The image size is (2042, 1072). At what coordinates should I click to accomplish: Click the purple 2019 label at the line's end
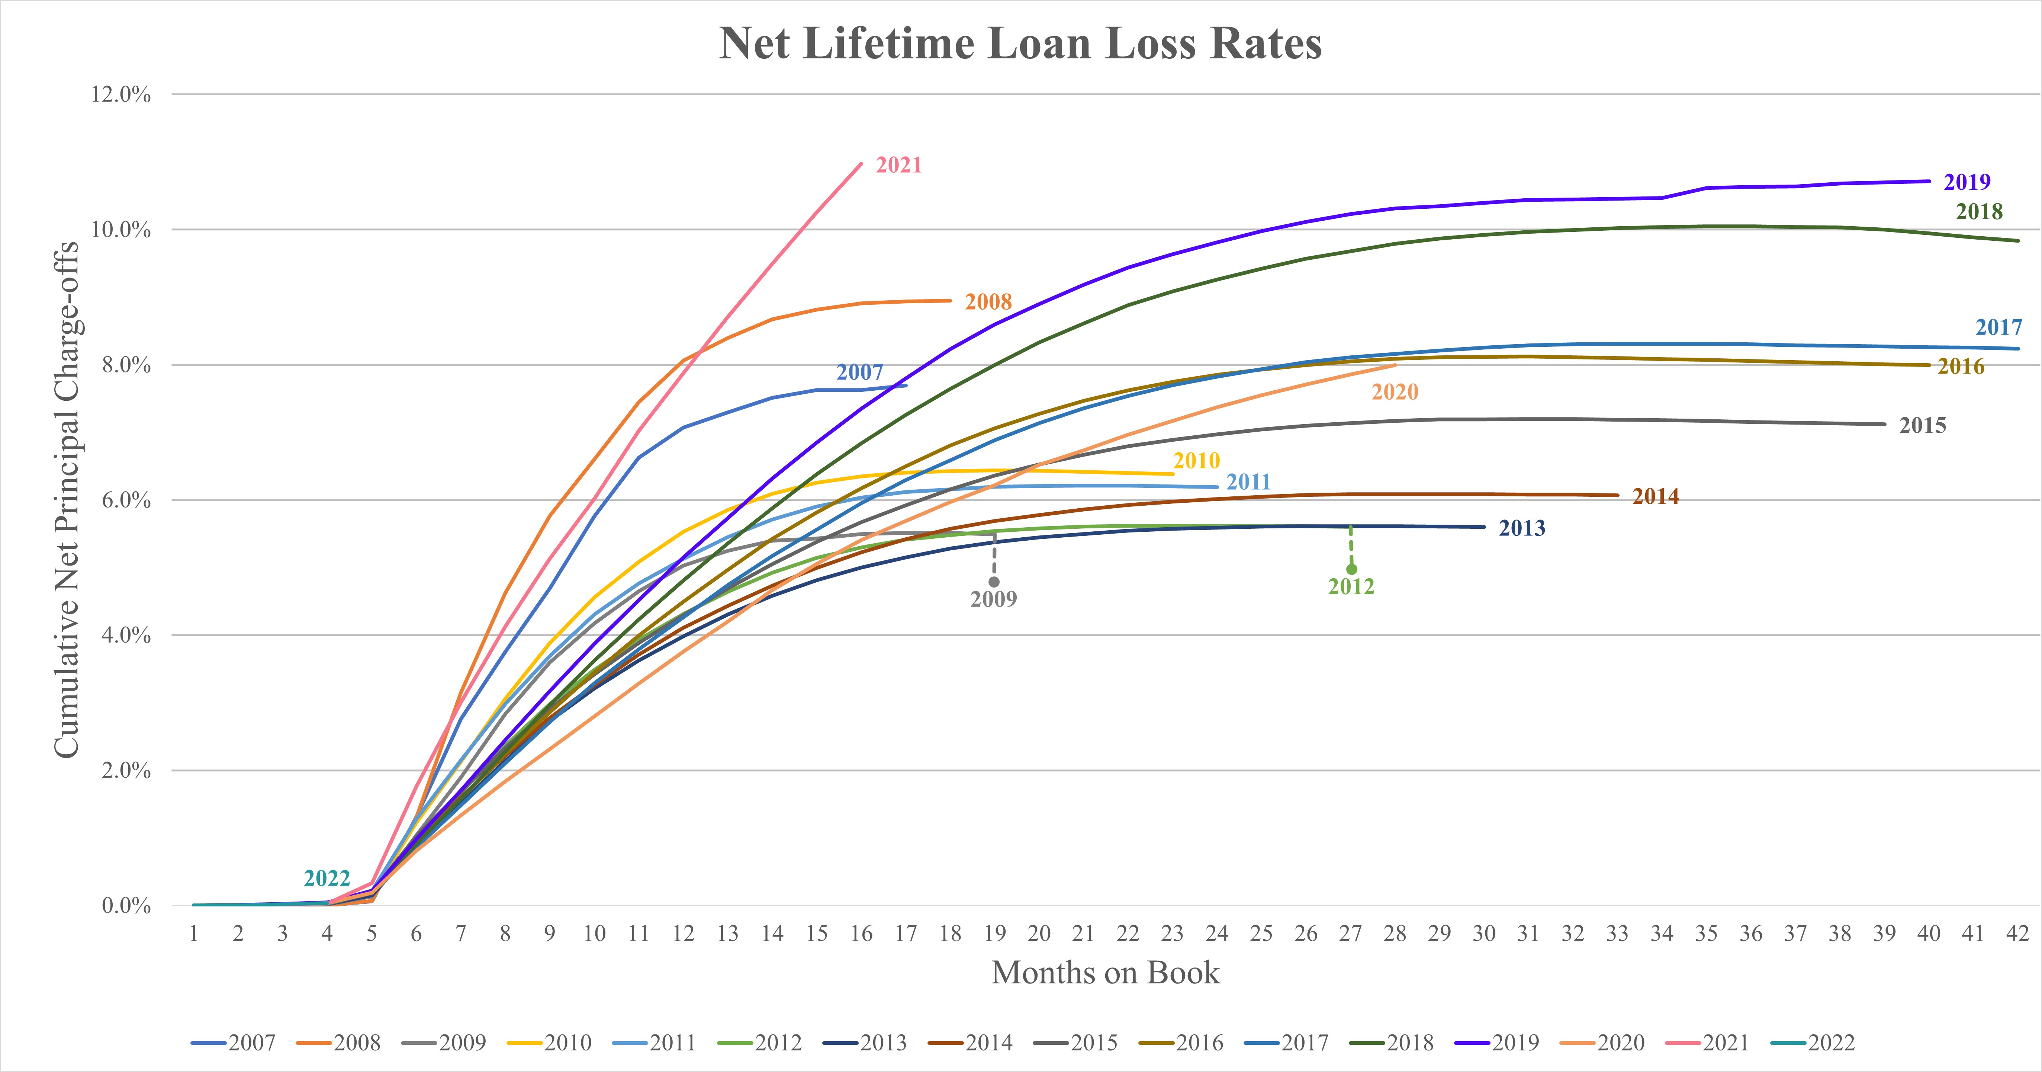point(1967,182)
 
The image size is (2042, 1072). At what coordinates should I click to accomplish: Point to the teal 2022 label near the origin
point(327,879)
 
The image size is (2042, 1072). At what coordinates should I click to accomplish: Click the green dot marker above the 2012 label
point(1351,569)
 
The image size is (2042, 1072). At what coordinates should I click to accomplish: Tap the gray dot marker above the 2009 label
point(994,582)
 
